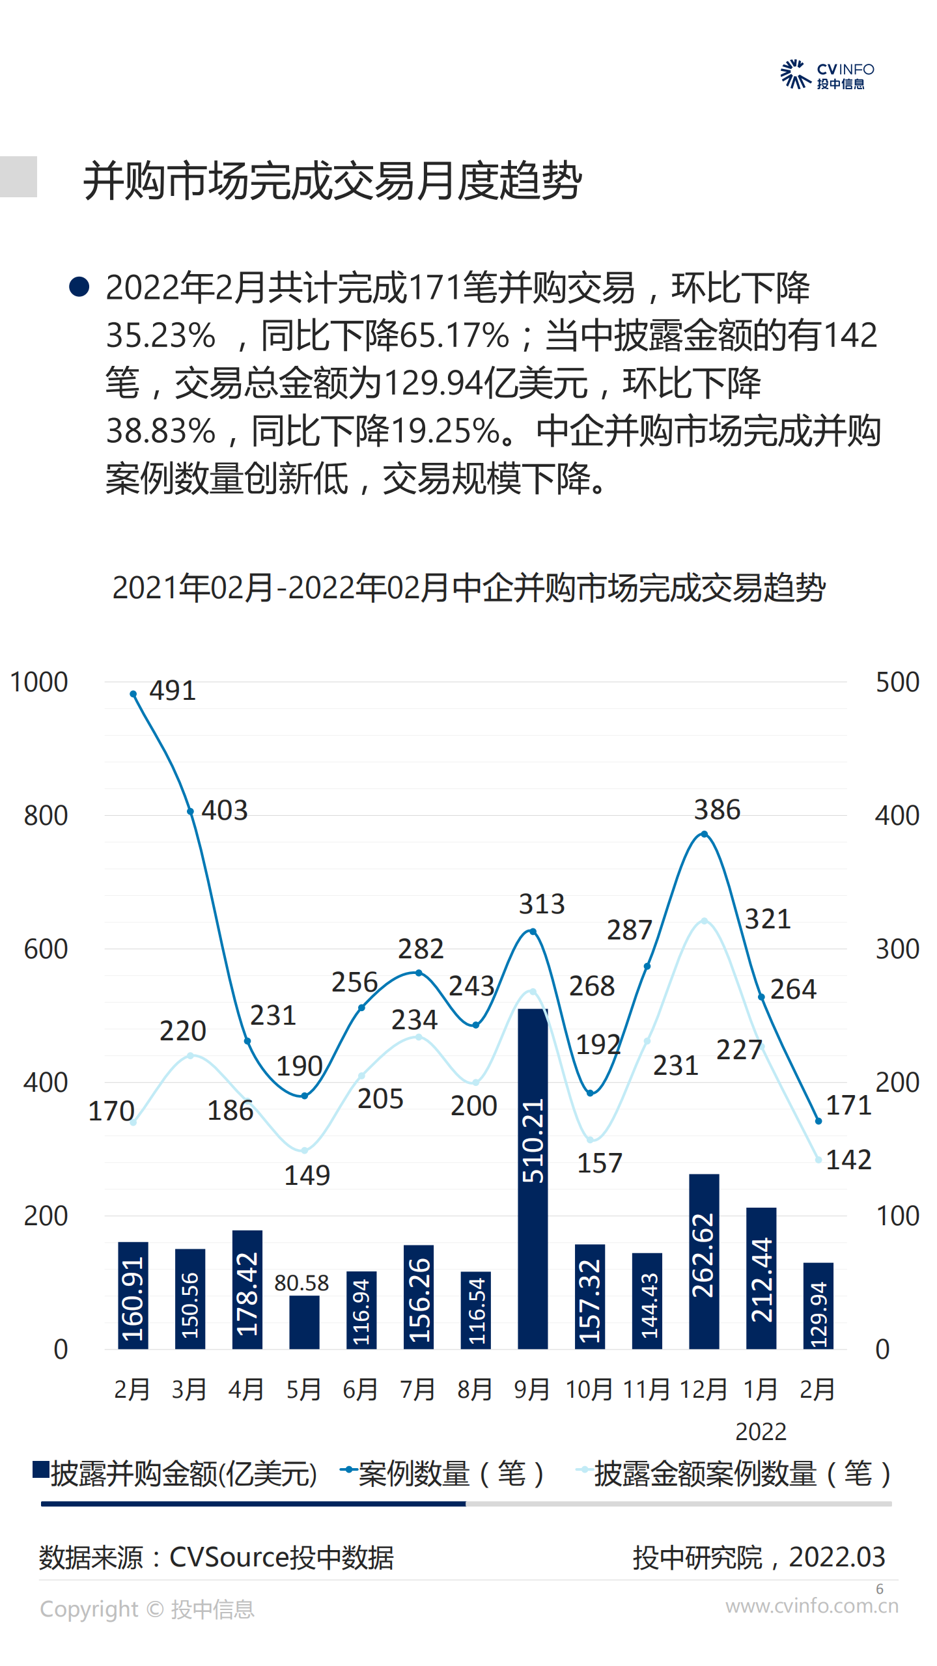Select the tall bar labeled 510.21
pos(532,1178)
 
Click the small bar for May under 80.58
pos(304,1322)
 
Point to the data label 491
pos(173,691)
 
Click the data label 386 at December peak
pos(717,810)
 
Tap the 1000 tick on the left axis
pos(39,682)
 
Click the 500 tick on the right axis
pos(897,682)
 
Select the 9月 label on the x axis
pos(531,1390)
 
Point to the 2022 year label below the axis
pos(761,1432)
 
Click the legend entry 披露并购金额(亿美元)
pos(176,1475)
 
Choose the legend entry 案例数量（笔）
pos(443,1475)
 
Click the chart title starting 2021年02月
pos(469,588)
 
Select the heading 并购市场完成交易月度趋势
pos(332,180)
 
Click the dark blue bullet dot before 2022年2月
pos(79,286)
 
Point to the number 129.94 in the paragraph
pos(434,383)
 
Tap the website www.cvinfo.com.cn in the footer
pos(811,1606)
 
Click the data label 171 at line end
pos(848,1105)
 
